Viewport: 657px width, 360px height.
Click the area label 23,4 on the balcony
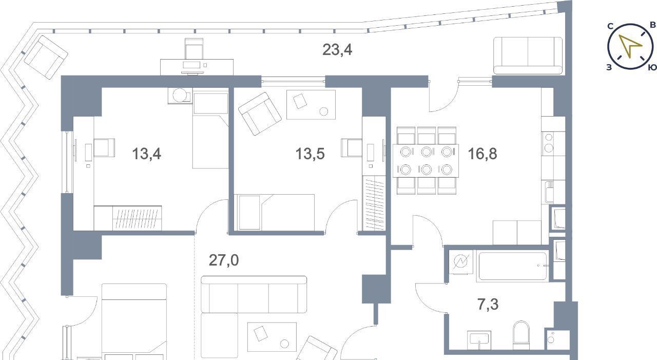(337, 50)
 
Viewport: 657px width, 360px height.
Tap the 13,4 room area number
(146, 154)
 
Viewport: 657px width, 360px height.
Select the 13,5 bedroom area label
(310, 154)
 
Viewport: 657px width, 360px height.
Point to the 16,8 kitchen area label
(482, 154)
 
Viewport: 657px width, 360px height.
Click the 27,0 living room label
(224, 260)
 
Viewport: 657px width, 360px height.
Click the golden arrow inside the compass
(630, 45)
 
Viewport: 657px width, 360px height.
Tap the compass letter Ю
(652, 68)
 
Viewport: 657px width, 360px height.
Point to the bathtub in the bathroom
(512, 266)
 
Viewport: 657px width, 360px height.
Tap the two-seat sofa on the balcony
(528, 55)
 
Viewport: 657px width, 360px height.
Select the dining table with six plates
(426, 161)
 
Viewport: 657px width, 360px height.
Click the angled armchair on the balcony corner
(46, 57)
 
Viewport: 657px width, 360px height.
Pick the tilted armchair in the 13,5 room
(260, 114)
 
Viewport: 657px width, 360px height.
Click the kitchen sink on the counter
(549, 192)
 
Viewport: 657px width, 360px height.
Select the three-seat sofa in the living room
(254, 295)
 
